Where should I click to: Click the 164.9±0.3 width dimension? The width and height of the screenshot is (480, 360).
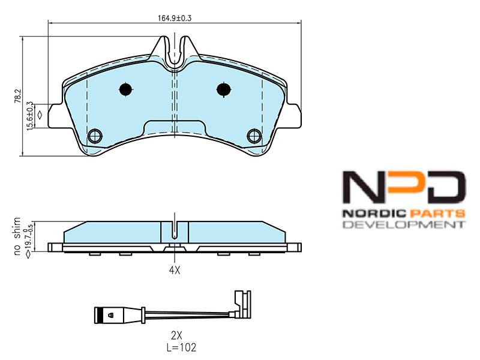(175, 18)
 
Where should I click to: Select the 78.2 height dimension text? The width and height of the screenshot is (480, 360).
(19, 96)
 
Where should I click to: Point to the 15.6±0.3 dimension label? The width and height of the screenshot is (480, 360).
(29, 116)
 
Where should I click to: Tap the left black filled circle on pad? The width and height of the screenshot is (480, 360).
(125, 89)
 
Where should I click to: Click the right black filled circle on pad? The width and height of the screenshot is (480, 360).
(223, 89)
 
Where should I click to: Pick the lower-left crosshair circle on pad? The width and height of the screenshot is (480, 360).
(95, 136)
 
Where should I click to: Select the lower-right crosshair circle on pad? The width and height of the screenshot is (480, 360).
(254, 136)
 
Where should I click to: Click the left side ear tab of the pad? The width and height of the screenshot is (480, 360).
(56, 116)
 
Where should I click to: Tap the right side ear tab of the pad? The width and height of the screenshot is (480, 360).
(293, 116)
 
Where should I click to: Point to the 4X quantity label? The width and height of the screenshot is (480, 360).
(175, 270)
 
